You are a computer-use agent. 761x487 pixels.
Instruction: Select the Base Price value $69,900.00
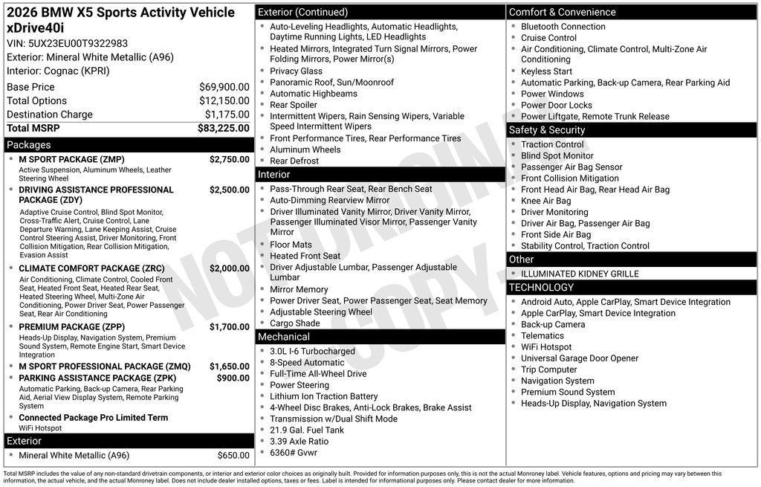224,87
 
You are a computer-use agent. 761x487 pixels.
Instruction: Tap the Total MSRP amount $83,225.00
223,128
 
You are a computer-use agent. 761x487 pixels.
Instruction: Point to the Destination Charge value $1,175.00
227,115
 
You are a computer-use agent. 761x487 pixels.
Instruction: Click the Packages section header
29,145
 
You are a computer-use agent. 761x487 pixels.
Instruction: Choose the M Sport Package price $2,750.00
229,159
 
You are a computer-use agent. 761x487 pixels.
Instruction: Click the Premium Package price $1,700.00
229,327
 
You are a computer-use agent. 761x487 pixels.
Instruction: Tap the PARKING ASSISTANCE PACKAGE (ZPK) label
93,378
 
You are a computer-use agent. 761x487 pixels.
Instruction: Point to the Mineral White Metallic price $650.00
233,456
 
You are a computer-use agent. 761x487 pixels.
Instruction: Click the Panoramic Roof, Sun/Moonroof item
331,83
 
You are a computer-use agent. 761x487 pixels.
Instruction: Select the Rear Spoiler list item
294,105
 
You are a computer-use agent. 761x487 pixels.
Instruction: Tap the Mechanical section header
284,338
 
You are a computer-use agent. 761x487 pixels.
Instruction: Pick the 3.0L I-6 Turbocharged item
312,352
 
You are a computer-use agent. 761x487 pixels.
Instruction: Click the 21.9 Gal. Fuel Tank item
307,430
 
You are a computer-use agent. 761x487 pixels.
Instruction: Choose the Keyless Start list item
546,71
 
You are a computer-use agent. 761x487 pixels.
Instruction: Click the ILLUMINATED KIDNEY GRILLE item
580,274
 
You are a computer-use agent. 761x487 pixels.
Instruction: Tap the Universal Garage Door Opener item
580,358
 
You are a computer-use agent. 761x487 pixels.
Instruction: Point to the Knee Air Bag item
546,201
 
